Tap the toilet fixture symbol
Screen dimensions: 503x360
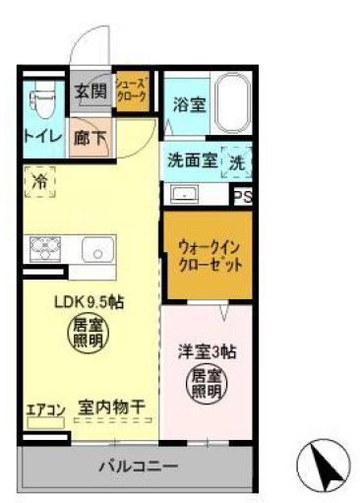click(39, 100)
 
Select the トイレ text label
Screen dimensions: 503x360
click(40, 139)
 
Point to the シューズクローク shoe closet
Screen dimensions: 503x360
click(131, 92)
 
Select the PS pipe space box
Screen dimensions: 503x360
click(242, 196)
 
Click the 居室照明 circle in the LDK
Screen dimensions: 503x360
click(85, 333)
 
